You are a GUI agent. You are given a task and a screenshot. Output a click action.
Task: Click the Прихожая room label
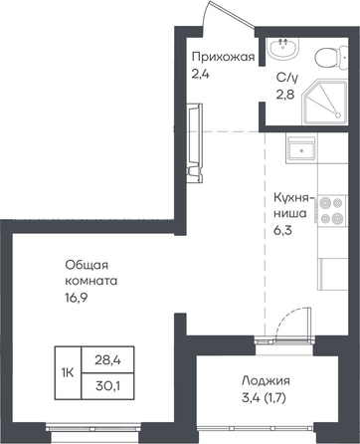click(x=224, y=58)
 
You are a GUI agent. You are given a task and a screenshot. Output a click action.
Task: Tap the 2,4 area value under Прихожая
click(x=201, y=73)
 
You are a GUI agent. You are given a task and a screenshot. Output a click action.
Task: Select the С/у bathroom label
click(x=287, y=79)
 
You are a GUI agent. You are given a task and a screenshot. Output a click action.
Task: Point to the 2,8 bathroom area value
click(x=285, y=95)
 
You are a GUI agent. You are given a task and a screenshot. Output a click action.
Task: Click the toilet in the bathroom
click(x=330, y=57)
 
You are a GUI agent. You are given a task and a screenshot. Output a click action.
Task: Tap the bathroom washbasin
click(x=284, y=49)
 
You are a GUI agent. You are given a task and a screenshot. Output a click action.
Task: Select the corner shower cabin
click(x=325, y=102)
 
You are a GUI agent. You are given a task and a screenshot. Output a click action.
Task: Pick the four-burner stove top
click(x=332, y=210)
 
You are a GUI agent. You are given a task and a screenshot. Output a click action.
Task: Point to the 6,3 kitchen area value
click(x=282, y=230)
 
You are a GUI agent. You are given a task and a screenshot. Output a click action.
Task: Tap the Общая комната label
click(x=91, y=273)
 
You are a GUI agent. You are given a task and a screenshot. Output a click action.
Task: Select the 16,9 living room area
click(x=76, y=298)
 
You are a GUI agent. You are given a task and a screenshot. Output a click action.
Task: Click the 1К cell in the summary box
click(x=68, y=372)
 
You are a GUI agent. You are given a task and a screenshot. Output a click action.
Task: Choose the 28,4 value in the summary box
click(x=107, y=359)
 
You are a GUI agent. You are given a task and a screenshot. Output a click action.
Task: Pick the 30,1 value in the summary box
click(x=107, y=385)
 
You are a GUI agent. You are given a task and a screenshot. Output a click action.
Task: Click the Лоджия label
click(x=266, y=380)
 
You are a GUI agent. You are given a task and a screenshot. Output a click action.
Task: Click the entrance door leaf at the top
click(x=233, y=16)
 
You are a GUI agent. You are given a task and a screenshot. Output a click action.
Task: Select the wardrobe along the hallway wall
click(x=195, y=143)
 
